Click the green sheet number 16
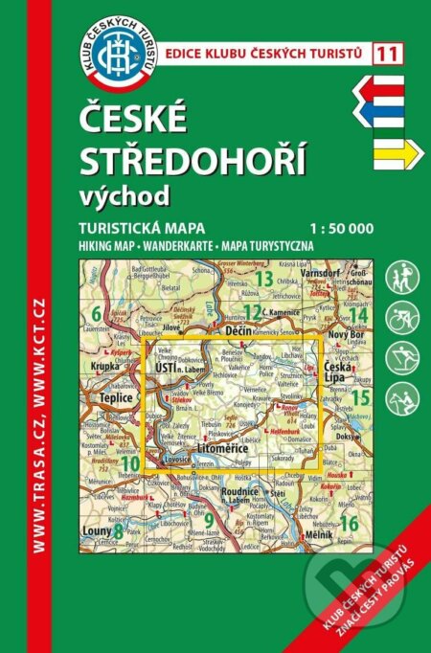[350, 523]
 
